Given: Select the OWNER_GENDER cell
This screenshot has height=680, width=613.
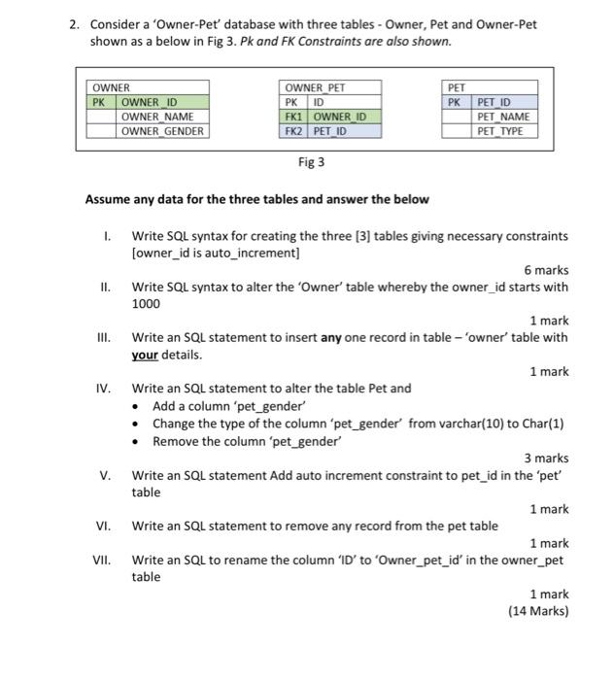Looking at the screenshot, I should click(x=162, y=131).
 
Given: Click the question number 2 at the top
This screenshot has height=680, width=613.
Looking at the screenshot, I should click(x=74, y=23).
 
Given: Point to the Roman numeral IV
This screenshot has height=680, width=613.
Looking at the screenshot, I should click(x=103, y=389).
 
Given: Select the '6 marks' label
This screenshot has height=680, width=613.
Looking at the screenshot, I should click(x=546, y=270).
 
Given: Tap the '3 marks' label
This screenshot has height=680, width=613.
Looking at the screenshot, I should click(x=546, y=458).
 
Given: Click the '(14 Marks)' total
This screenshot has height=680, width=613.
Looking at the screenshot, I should click(x=538, y=611).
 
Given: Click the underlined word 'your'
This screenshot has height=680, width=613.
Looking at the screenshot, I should click(x=145, y=355).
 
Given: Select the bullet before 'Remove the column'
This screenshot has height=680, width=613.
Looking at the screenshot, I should click(x=142, y=441).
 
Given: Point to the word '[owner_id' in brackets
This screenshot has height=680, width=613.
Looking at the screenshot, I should click(x=159, y=253).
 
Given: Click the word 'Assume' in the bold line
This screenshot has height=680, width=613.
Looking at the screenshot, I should click(x=108, y=200).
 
